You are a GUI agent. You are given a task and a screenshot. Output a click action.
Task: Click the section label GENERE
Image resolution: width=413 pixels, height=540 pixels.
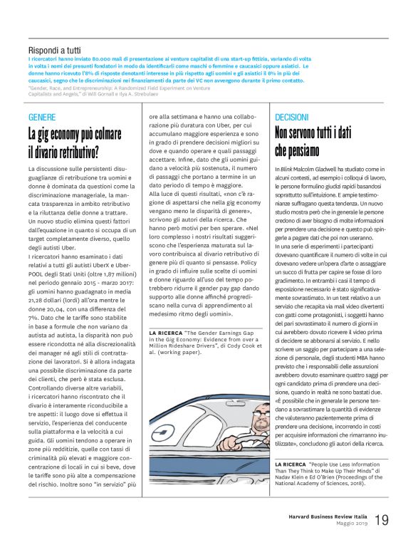[x=41, y=116]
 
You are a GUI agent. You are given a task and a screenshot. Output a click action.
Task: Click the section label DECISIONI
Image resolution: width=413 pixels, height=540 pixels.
[x=291, y=116]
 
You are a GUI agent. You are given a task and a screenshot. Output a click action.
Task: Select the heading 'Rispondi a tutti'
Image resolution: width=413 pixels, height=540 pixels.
[x=55, y=51]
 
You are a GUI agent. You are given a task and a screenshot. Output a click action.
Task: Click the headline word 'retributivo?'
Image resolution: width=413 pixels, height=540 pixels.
[x=73, y=151]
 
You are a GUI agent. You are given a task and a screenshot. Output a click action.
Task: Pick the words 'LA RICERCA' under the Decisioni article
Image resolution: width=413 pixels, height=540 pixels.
[x=291, y=444]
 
